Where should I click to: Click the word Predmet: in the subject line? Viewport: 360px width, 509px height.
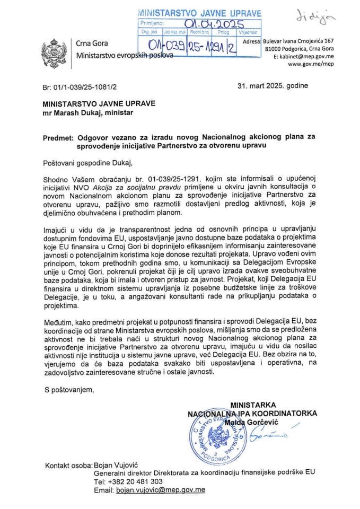[58, 137]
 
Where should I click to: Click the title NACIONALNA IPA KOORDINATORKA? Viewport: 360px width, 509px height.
[252, 413]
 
